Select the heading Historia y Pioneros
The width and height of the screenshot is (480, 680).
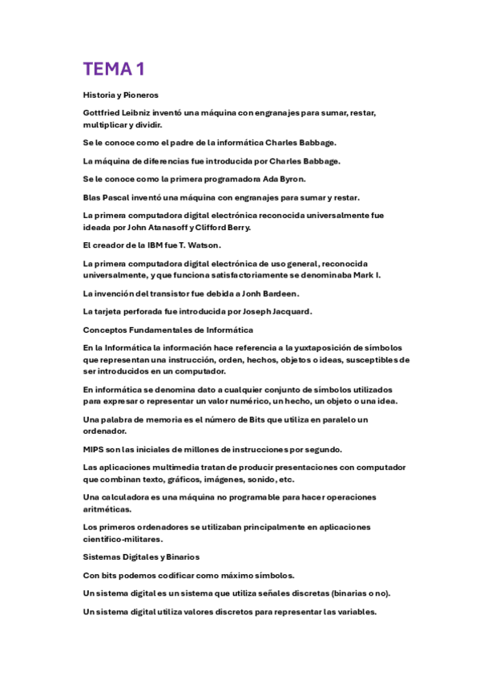(x=120, y=95)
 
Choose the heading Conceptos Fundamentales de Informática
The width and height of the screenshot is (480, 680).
(x=168, y=330)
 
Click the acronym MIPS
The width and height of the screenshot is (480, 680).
(x=95, y=449)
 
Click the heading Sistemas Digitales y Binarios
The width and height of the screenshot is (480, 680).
(x=141, y=557)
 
